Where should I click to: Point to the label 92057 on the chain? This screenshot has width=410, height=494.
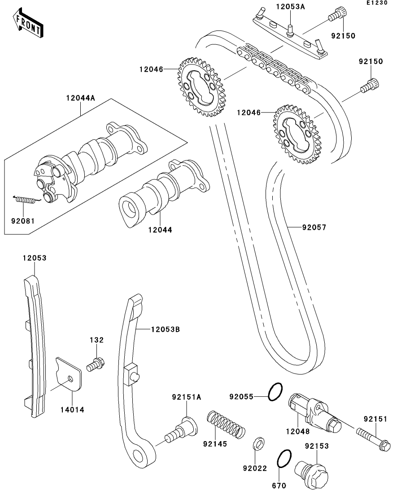point(314,228)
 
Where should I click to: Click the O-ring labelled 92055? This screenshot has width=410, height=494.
point(275,392)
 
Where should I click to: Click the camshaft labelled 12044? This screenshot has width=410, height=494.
point(161,193)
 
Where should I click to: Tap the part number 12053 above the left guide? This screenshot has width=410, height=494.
point(35,258)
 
